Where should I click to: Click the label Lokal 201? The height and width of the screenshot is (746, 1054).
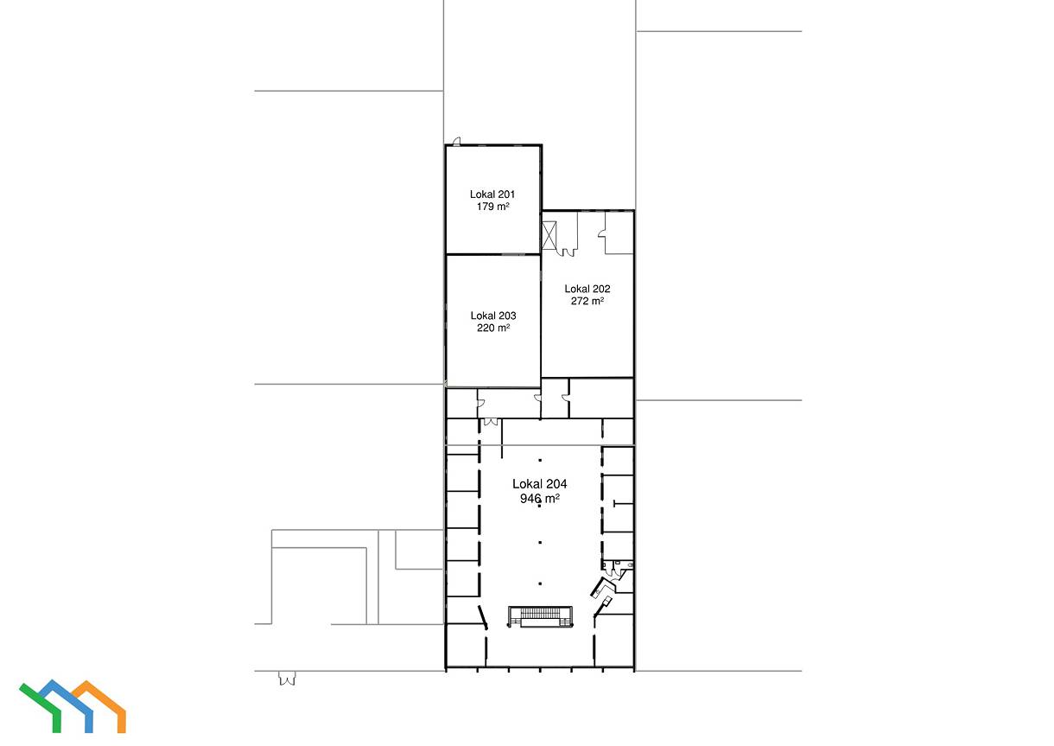tap(492, 194)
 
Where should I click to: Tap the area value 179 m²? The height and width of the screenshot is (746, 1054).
tap(492, 206)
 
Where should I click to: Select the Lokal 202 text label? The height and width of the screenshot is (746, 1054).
tap(587, 289)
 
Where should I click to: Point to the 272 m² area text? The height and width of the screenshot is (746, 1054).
tap(587, 301)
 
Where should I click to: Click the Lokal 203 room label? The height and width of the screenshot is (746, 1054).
tap(493, 316)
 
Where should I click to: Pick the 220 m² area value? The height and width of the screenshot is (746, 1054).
tap(493, 328)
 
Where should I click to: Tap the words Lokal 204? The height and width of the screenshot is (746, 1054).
tap(539, 484)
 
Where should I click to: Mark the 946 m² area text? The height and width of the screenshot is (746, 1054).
tap(539, 499)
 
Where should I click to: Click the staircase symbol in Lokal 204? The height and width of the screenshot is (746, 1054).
tap(540, 616)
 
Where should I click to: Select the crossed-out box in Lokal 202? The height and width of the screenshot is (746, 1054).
tap(549, 235)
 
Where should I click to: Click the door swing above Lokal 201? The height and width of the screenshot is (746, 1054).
tap(456, 141)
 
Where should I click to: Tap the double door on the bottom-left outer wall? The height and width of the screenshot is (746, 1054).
tap(287, 679)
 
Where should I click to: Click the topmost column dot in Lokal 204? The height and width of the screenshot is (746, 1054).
tap(540, 460)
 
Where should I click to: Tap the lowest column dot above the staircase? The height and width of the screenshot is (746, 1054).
tap(540, 583)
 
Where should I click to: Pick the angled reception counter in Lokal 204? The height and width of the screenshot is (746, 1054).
tap(603, 588)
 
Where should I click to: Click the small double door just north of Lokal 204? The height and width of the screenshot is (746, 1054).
tap(491, 422)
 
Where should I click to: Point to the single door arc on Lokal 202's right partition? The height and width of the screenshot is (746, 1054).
tap(601, 234)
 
